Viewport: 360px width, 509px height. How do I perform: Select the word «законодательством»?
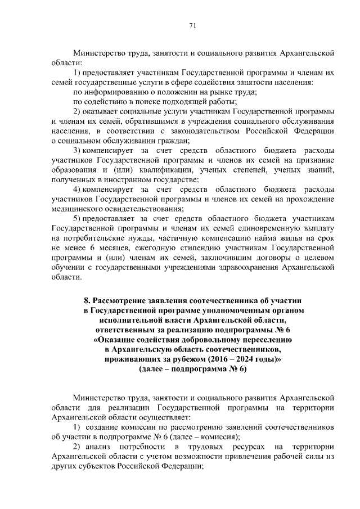coord(190,131)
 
